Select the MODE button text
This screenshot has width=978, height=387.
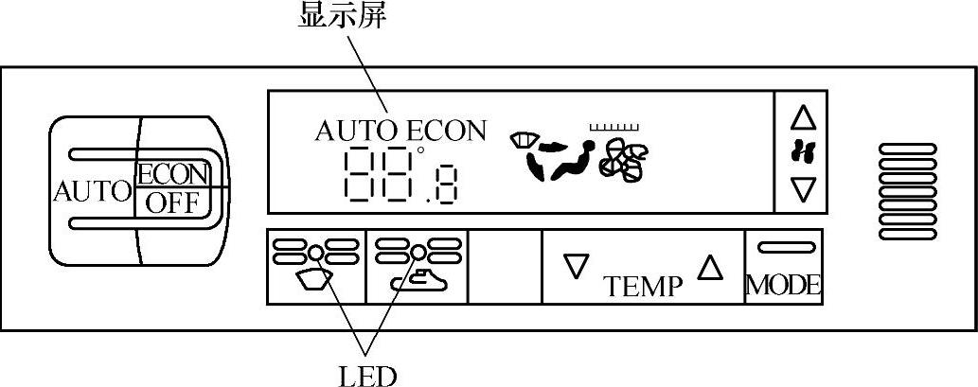click(x=783, y=285)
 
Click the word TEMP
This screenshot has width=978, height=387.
click(x=644, y=285)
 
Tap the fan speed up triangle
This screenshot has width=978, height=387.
click(x=803, y=117)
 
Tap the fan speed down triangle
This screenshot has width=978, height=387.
click(x=803, y=190)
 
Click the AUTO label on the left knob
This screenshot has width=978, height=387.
click(x=92, y=192)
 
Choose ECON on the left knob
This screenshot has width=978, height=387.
click(x=171, y=174)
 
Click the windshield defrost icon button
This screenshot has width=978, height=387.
click(x=316, y=266)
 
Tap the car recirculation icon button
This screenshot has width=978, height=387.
click(x=417, y=266)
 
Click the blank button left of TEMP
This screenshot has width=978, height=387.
click(x=505, y=266)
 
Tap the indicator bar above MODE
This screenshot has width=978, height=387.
click(x=783, y=248)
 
